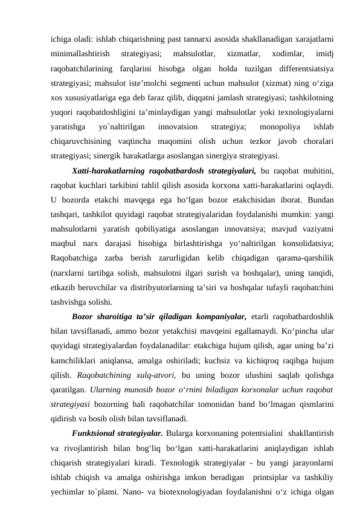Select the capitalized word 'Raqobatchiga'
click(x=77, y=254)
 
